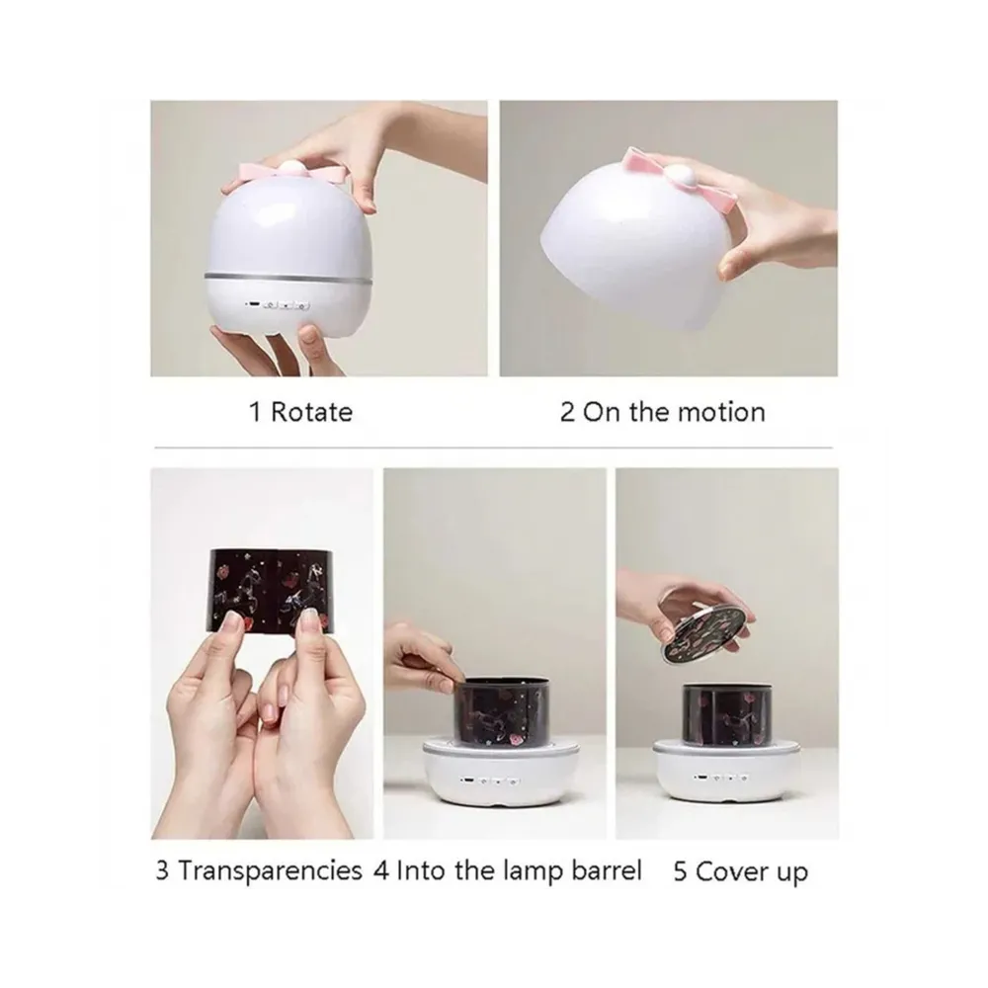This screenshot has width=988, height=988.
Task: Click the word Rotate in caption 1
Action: point(311,412)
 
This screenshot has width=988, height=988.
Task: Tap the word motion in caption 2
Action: point(721,412)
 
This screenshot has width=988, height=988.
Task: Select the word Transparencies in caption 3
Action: point(271,871)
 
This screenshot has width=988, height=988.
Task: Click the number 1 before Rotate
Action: point(255,412)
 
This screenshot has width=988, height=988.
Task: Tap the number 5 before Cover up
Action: point(680,872)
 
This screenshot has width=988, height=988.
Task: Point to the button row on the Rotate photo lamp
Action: point(280,305)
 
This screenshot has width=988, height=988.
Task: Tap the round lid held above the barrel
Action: point(707,630)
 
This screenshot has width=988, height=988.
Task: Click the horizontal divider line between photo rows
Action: point(493,448)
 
